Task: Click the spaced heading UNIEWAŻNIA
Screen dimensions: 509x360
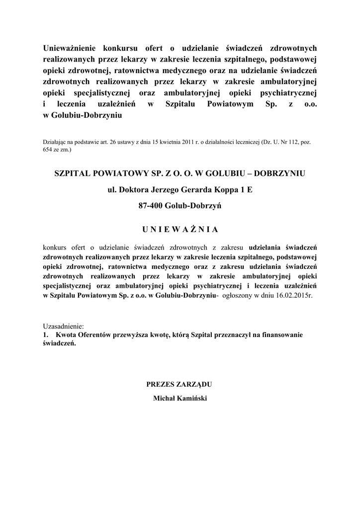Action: (x=180, y=229)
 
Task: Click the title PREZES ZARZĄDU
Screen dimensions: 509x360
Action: (x=180, y=384)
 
